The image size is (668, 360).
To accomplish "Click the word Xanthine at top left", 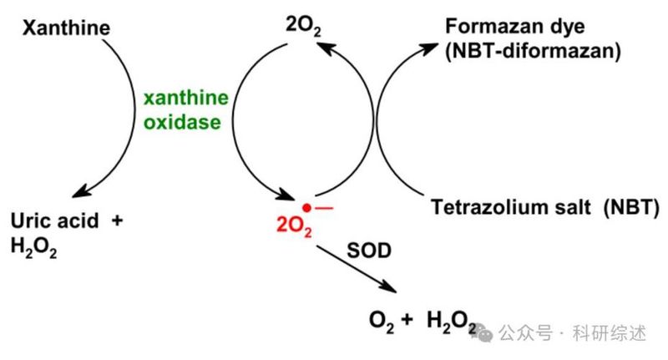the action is (x=66, y=28).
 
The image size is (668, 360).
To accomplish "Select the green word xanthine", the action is (x=186, y=98).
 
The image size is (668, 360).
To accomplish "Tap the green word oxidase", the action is (x=182, y=122).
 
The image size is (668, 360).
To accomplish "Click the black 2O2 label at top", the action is (x=303, y=27).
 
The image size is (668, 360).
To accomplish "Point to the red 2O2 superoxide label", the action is (x=294, y=226).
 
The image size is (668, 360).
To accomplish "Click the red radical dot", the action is (x=306, y=208).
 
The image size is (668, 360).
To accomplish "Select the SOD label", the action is (x=369, y=251).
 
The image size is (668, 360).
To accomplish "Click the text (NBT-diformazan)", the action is (x=533, y=51).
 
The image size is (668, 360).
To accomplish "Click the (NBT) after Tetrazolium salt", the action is (x=631, y=207).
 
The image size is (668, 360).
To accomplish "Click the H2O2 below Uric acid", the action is (x=33, y=247).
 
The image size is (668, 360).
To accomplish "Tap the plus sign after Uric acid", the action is (x=117, y=221).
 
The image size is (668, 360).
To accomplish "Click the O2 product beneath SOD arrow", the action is (x=382, y=321).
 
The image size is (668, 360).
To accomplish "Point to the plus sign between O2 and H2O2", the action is (x=407, y=319).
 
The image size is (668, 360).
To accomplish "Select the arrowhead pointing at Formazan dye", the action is (x=428, y=48).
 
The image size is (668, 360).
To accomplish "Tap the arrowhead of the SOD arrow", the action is (x=388, y=286).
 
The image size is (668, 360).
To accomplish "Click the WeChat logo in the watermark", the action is (x=482, y=332).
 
